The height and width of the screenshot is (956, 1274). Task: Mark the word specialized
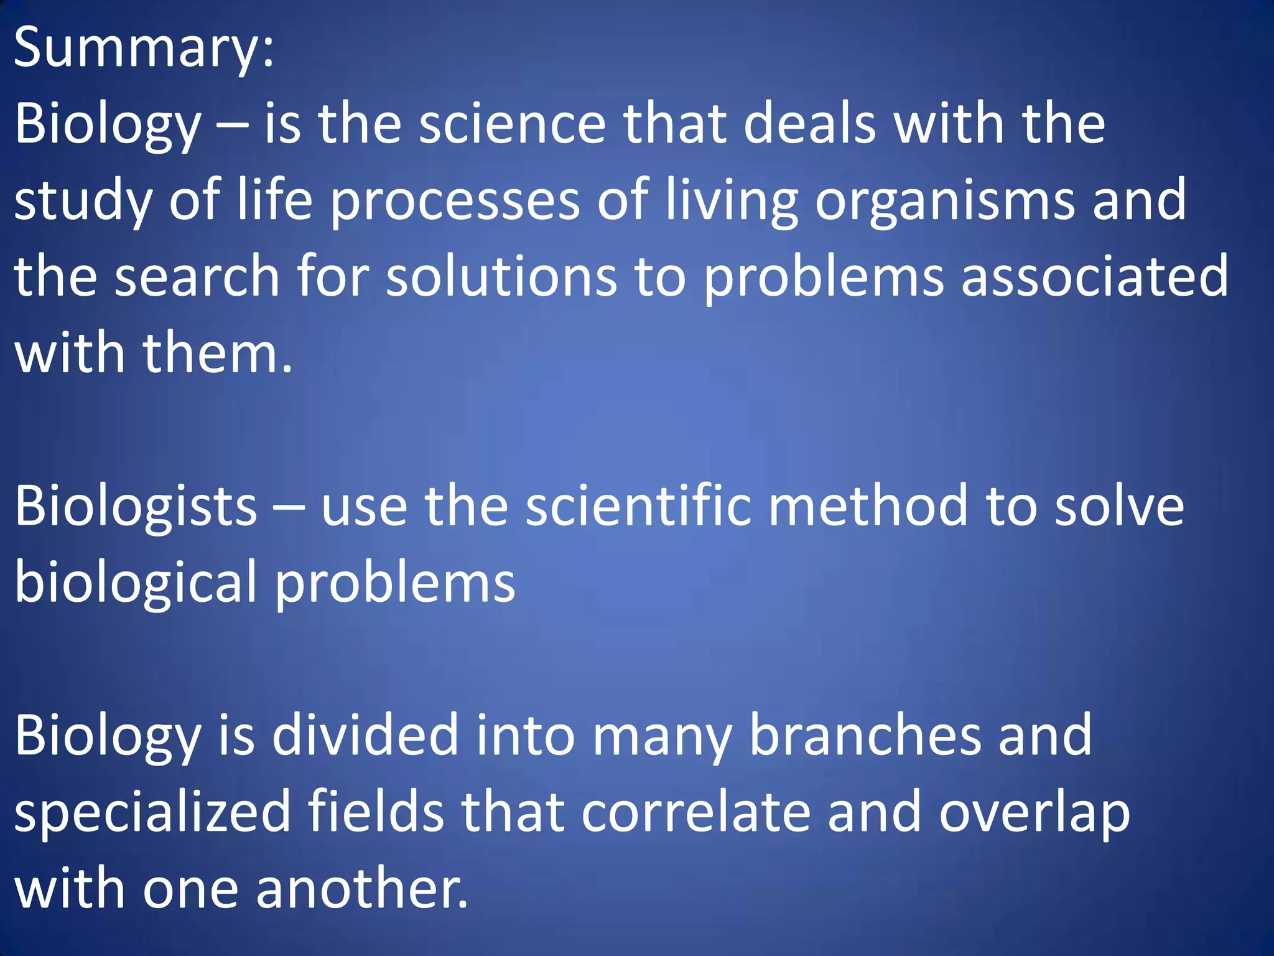pyautogui.click(x=152, y=812)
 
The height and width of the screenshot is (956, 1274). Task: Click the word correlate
pyautogui.click(x=696, y=812)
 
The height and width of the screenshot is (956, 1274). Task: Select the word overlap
pyautogui.click(x=1034, y=812)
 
